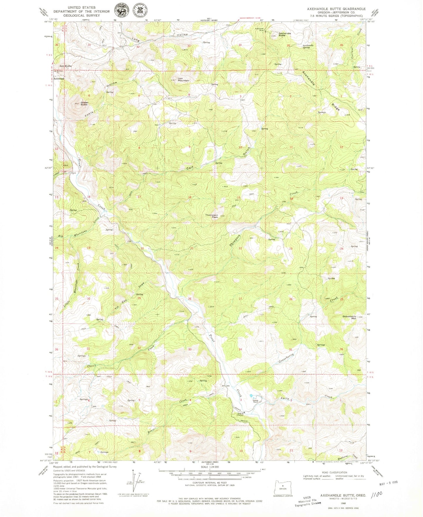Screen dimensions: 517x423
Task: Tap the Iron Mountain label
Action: pyautogui.click(x=184, y=79)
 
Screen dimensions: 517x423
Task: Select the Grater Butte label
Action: pyautogui.click(x=84, y=104)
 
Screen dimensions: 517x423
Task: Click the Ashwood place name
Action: pyautogui.click(x=59, y=79)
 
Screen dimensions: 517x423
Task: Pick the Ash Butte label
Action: pyautogui.click(x=66, y=66)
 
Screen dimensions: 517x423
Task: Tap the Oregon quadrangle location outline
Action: pyautogui.click(x=282, y=487)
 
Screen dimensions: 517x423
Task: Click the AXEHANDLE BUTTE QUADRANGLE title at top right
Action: pyautogui.click(x=336, y=9)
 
